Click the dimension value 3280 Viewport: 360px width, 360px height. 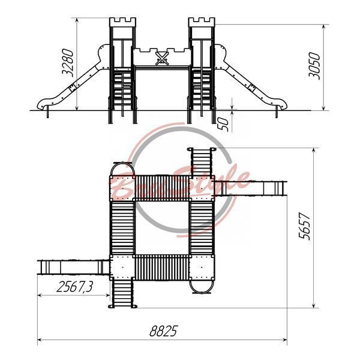68,62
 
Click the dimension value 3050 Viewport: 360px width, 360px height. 314,66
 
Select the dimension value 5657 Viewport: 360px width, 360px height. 304,226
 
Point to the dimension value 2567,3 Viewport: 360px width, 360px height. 75,287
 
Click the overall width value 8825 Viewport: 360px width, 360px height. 164,331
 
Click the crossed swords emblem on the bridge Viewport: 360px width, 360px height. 163,58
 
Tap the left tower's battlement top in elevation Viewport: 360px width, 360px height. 122,22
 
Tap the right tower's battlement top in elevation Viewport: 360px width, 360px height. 202,22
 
